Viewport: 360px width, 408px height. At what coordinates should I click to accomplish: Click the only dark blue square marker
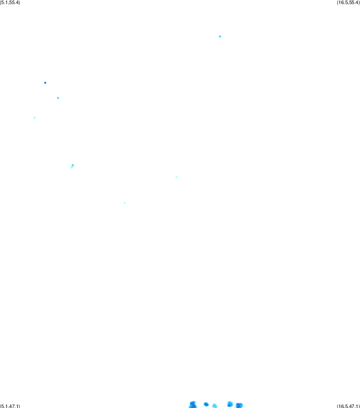click(x=45, y=83)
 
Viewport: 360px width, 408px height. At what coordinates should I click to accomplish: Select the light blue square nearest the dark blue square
click(x=58, y=98)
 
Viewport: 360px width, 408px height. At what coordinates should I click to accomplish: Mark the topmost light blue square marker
click(x=220, y=36)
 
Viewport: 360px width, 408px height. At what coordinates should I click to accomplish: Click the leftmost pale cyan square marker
click(x=34, y=118)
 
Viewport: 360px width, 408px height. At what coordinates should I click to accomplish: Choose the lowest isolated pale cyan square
click(x=125, y=203)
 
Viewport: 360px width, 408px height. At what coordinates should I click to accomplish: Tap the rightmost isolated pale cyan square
click(x=177, y=177)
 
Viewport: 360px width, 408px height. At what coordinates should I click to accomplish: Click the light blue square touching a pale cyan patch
click(x=73, y=165)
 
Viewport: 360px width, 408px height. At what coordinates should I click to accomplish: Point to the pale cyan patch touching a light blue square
click(x=71, y=167)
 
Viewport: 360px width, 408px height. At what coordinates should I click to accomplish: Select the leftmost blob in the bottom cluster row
click(x=193, y=405)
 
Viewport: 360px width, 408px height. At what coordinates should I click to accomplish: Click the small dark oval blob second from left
click(x=206, y=404)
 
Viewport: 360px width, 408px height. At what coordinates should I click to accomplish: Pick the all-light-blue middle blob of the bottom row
click(x=215, y=406)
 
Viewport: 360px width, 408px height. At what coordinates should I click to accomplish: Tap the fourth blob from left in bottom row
click(x=230, y=404)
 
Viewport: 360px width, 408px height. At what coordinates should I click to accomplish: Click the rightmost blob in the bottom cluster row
click(x=239, y=405)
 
